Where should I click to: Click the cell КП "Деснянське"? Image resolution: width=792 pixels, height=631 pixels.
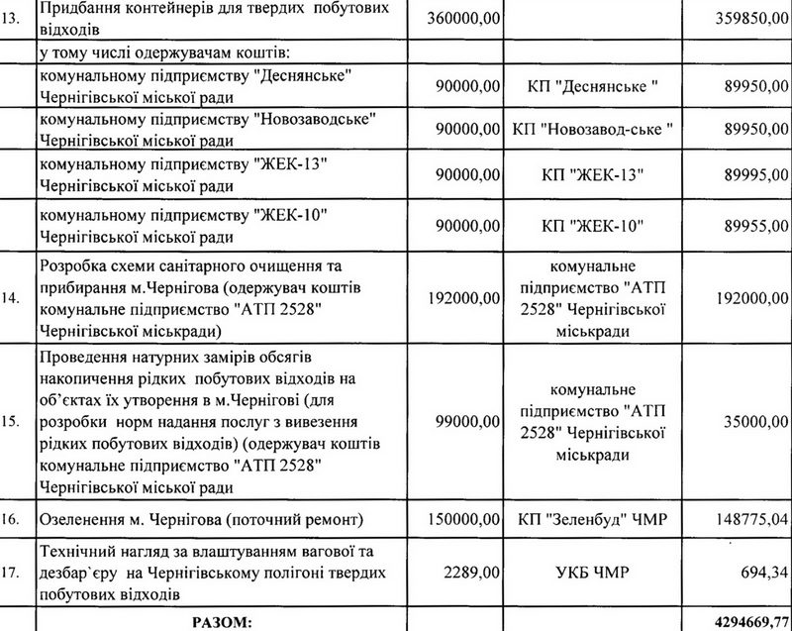click(x=595, y=86)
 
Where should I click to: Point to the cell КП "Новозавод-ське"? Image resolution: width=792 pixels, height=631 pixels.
click(x=595, y=129)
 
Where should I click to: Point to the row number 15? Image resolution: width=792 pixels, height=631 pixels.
click(x=12, y=421)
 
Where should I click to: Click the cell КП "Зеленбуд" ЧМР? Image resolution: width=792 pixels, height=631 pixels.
click(x=595, y=519)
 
